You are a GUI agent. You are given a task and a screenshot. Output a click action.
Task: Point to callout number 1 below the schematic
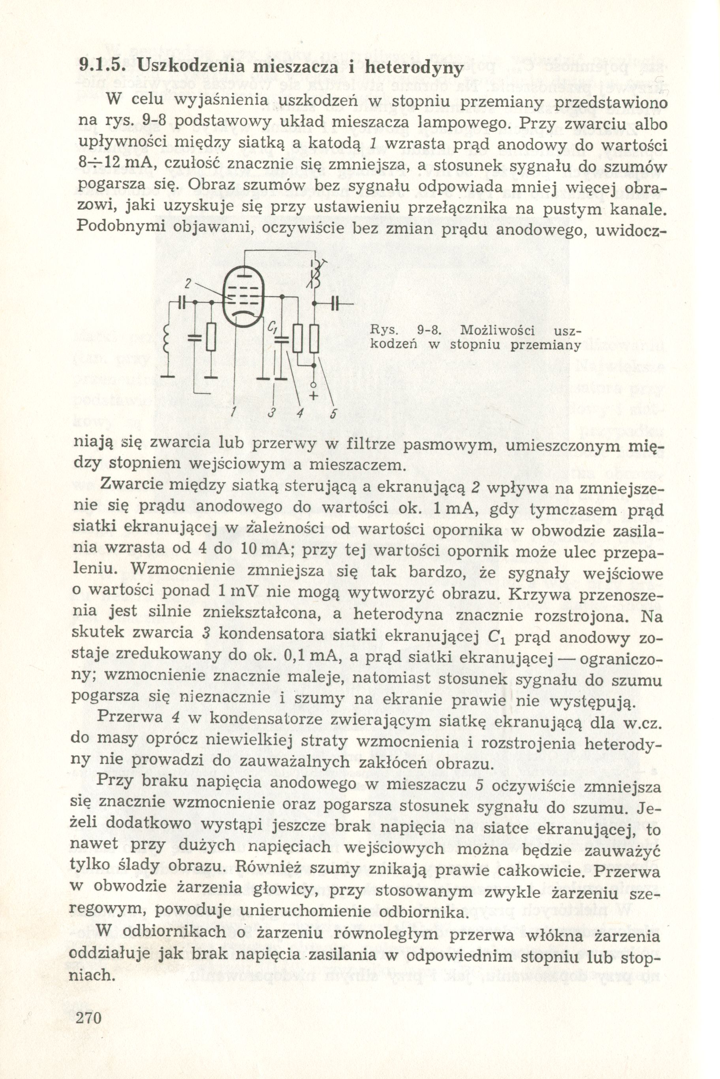[x=234, y=413]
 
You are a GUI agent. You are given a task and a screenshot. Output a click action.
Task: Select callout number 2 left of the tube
[x=187, y=284]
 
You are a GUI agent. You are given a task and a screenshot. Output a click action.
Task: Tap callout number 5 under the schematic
[x=333, y=413]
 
